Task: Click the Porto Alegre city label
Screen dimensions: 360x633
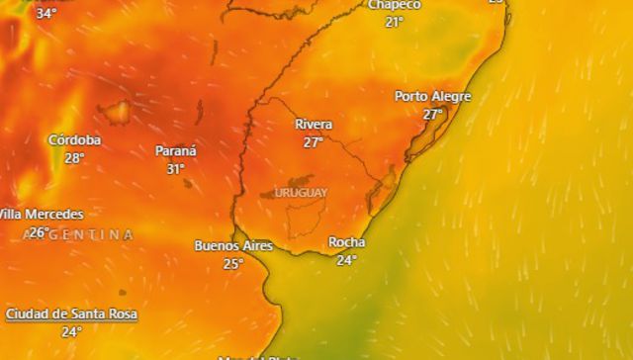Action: pyautogui.click(x=432, y=96)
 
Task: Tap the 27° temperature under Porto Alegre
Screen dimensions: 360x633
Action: pyautogui.click(x=432, y=114)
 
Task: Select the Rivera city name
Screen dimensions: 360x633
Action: pyautogui.click(x=314, y=125)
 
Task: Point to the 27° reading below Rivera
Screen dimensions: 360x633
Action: pyautogui.click(x=314, y=142)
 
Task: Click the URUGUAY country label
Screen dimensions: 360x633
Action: pyautogui.click(x=301, y=192)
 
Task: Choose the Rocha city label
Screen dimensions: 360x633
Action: pyautogui.click(x=346, y=242)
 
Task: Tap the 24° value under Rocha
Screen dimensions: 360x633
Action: pyautogui.click(x=346, y=260)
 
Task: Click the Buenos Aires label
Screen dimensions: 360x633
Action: pyautogui.click(x=232, y=245)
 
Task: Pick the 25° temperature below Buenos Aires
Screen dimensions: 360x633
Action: pyautogui.click(x=232, y=263)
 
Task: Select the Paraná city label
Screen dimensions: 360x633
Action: pyautogui.click(x=175, y=151)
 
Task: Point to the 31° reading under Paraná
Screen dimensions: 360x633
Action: pyautogui.click(x=175, y=169)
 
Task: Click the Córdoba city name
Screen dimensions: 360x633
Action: pyautogui.click(x=74, y=139)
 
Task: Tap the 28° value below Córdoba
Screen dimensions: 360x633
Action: pyautogui.click(x=74, y=157)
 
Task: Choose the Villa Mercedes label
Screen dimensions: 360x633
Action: pyautogui.click(x=41, y=214)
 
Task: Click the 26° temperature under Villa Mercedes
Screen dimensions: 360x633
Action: pyautogui.click(x=39, y=232)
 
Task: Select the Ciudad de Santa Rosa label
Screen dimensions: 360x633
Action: pyautogui.click(x=71, y=314)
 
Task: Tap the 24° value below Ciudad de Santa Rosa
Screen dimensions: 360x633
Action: pyautogui.click(x=71, y=331)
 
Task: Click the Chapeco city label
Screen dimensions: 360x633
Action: pyautogui.click(x=394, y=5)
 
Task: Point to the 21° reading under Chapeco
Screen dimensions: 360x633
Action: pyautogui.click(x=394, y=22)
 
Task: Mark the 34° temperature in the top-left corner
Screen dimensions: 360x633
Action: pyautogui.click(x=45, y=13)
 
